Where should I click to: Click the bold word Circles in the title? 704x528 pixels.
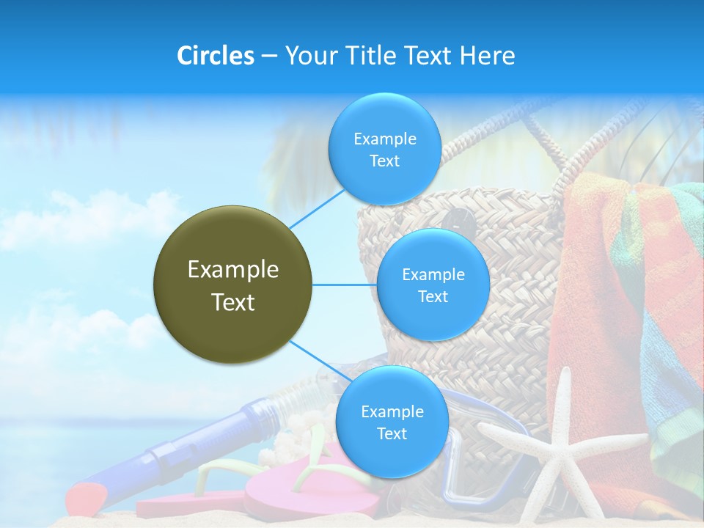pyautogui.click(x=216, y=56)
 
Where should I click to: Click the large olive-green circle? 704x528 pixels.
pyautogui.click(x=233, y=285)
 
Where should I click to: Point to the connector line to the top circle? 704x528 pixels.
pyautogui.click(x=317, y=208)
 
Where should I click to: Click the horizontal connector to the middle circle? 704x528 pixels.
pyautogui.click(x=344, y=285)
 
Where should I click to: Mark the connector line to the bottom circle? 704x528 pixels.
pyautogui.click(x=320, y=361)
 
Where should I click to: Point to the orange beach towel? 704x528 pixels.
pyautogui.click(x=594, y=308)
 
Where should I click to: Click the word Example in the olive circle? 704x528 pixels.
pyautogui.click(x=233, y=270)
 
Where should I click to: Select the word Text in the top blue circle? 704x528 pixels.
pyautogui.click(x=384, y=161)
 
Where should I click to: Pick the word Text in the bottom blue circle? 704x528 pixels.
pyautogui.click(x=392, y=433)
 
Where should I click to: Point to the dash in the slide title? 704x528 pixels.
pyautogui.click(x=269, y=56)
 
